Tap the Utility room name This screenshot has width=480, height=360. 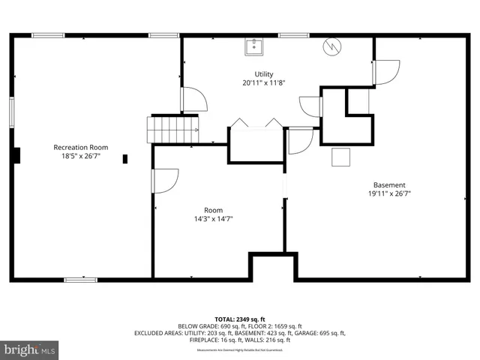(x=263, y=73)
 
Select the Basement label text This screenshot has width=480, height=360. (x=389, y=184)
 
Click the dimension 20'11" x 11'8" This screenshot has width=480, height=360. (x=263, y=83)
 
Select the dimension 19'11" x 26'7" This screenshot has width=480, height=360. (x=389, y=193)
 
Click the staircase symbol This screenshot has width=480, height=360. (x=173, y=129)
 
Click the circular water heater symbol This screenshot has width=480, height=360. (x=331, y=46)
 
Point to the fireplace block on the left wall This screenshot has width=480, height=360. (x=16, y=155)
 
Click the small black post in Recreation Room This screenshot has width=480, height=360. (x=125, y=158)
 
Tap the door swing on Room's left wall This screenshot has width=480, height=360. (x=164, y=181)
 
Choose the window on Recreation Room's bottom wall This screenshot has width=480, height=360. (x=80, y=280)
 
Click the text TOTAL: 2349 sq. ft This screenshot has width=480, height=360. (x=240, y=318)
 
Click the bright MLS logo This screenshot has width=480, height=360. (x=30, y=349)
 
